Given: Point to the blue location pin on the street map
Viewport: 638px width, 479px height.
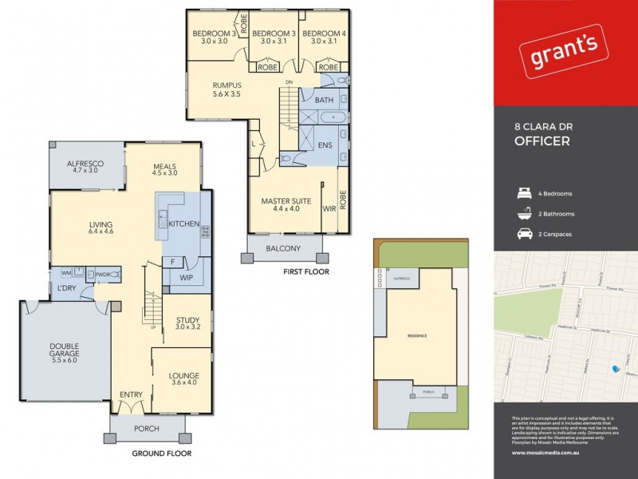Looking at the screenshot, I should coord(614,368).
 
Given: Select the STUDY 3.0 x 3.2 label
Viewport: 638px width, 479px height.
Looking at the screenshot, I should coord(188,323).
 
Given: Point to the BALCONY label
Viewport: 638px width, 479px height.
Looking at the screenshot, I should coord(283,248).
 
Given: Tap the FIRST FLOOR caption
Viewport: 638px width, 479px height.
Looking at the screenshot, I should coord(306,271).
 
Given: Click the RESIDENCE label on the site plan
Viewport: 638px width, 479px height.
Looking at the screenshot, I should coord(415,336).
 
